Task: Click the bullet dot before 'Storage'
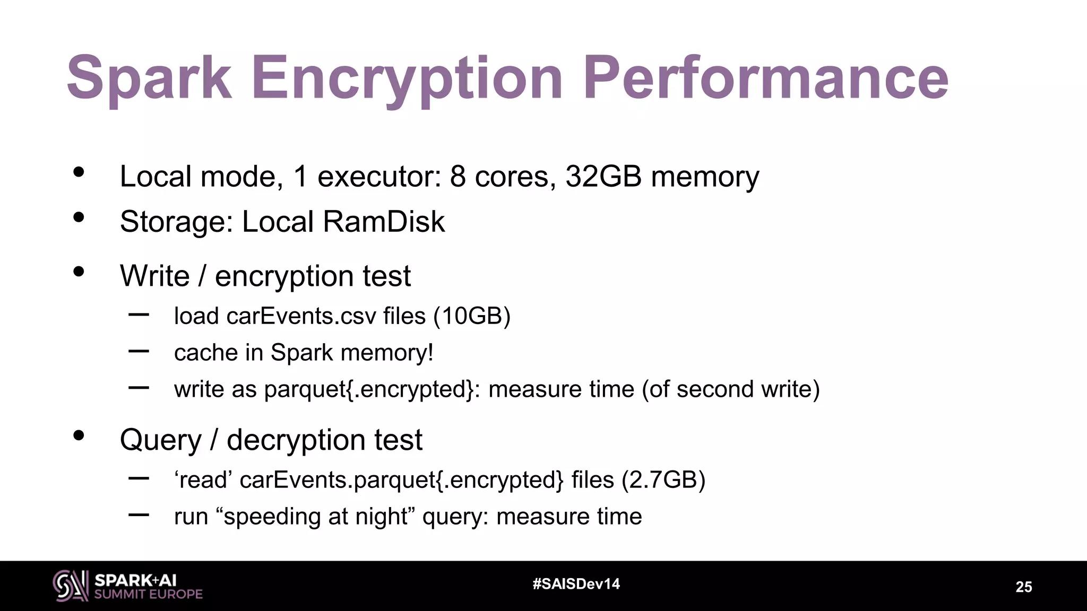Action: pyautogui.click(x=79, y=217)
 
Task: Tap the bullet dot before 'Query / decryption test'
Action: pyautogui.click(x=79, y=436)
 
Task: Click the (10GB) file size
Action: pyautogui.click(x=472, y=316)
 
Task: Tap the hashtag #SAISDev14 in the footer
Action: pyautogui.click(x=576, y=584)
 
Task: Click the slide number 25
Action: pyautogui.click(x=1023, y=587)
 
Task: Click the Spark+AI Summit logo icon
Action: pyautogui.click(x=70, y=586)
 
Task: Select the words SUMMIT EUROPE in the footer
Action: pyautogui.click(x=149, y=594)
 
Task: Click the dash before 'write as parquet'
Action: pyautogui.click(x=139, y=388)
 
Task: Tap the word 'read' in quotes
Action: pyautogui.click(x=203, y=480)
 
